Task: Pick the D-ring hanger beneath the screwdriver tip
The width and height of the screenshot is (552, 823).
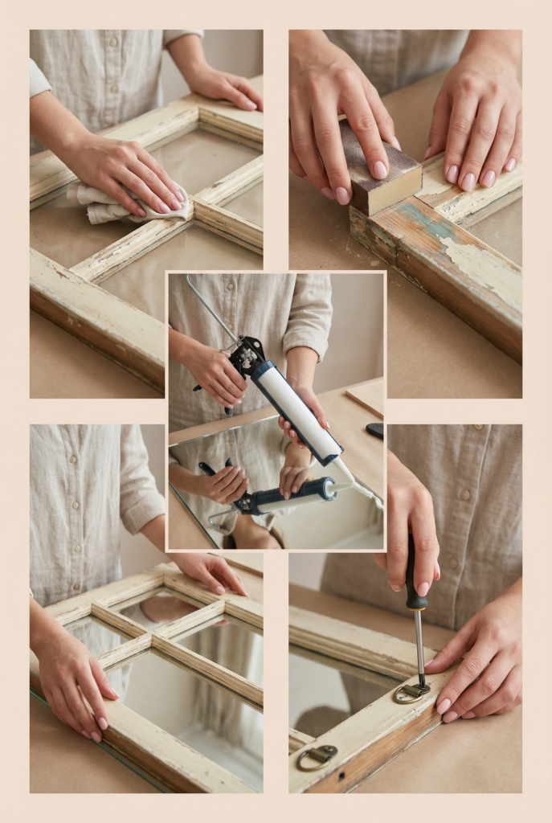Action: pyautogui.click(x=411, y=692)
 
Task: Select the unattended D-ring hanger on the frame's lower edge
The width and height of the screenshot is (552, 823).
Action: pyautogui.click(x=317, y=756)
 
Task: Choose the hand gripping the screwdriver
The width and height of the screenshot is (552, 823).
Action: pyautogui.click(x=410, y=514)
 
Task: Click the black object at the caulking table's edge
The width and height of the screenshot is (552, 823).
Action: pyautogui.click(x=374, y=430)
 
